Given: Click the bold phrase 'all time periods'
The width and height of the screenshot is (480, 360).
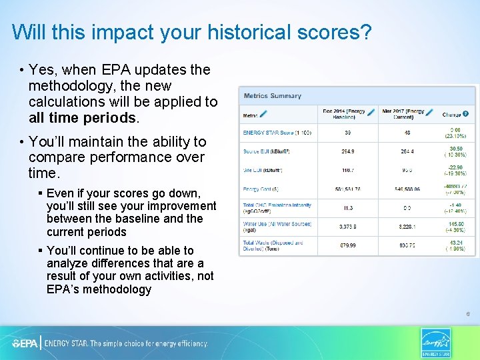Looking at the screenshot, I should pos(83,118).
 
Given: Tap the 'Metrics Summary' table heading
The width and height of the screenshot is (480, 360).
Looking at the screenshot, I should pos(272,96).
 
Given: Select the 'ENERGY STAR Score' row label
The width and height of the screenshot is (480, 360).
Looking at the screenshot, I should pos(267,133).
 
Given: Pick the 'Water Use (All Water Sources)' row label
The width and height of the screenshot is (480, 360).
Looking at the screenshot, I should pos(267,227).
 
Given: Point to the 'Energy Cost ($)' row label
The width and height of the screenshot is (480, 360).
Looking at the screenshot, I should pos(261,189).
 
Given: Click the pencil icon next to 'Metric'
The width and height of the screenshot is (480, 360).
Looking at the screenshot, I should pos(263,115).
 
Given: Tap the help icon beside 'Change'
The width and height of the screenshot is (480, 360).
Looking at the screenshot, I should pos(465,114).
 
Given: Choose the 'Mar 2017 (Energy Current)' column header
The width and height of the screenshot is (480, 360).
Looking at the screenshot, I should pos(403,114).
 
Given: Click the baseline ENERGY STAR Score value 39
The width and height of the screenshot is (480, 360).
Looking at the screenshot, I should pos(347,133).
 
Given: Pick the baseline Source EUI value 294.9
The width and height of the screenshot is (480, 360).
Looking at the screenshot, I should pos(347,151).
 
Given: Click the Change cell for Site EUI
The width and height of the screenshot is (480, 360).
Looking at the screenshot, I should pos(456,170).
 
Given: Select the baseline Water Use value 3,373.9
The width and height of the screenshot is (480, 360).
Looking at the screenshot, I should pos(347,227).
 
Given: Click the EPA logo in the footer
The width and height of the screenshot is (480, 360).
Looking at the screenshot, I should pos(25,343).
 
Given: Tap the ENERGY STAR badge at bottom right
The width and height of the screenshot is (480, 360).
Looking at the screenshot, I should pos(436,343).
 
